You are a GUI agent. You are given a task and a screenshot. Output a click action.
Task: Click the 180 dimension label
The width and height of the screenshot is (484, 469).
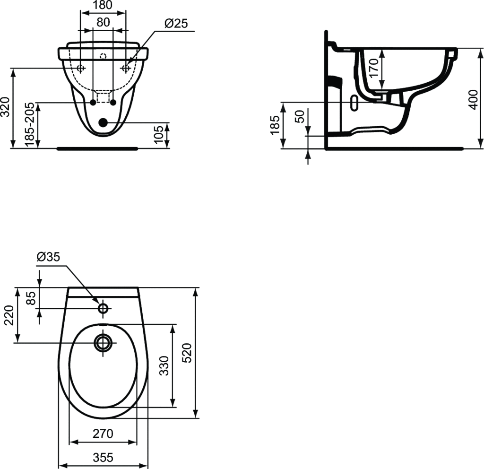click(x=103, y=5)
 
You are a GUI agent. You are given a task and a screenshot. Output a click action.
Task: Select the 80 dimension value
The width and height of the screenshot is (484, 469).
click(x=103, y=22)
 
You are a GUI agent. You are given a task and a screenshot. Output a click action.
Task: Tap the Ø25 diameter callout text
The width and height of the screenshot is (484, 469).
click(x=176, y=24)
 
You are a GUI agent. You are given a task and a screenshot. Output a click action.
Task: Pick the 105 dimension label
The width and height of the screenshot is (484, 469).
click(x=159, y=135)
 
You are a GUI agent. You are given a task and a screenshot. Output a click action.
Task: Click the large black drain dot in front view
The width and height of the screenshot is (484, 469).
click(x=103, y=122)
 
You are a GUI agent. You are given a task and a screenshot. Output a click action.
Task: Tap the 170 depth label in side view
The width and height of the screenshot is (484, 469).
click(x=373, y=69)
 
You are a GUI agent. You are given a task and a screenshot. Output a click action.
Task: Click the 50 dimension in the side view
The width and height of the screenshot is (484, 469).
click(x=299, y=116)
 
